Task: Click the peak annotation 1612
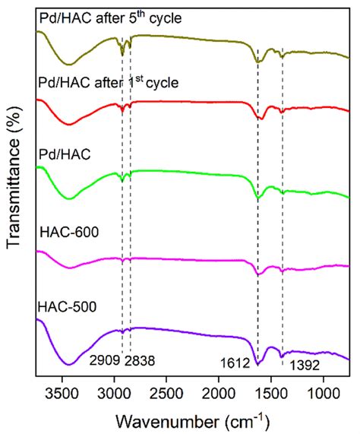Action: point(236,364)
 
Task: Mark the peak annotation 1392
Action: point(302,365)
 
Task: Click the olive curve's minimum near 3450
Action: point(69,64)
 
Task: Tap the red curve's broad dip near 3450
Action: point(69,124)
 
